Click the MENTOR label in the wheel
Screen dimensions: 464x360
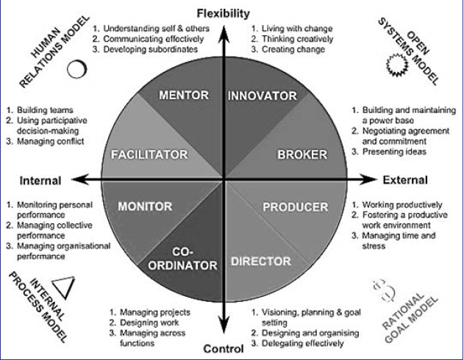point(184,96)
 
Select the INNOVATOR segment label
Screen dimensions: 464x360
point(262,96)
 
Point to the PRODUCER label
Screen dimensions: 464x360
point(296,207)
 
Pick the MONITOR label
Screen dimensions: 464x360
point(144,206)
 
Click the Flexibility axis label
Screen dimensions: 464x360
point(224,13)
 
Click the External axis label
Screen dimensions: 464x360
point(405,180)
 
